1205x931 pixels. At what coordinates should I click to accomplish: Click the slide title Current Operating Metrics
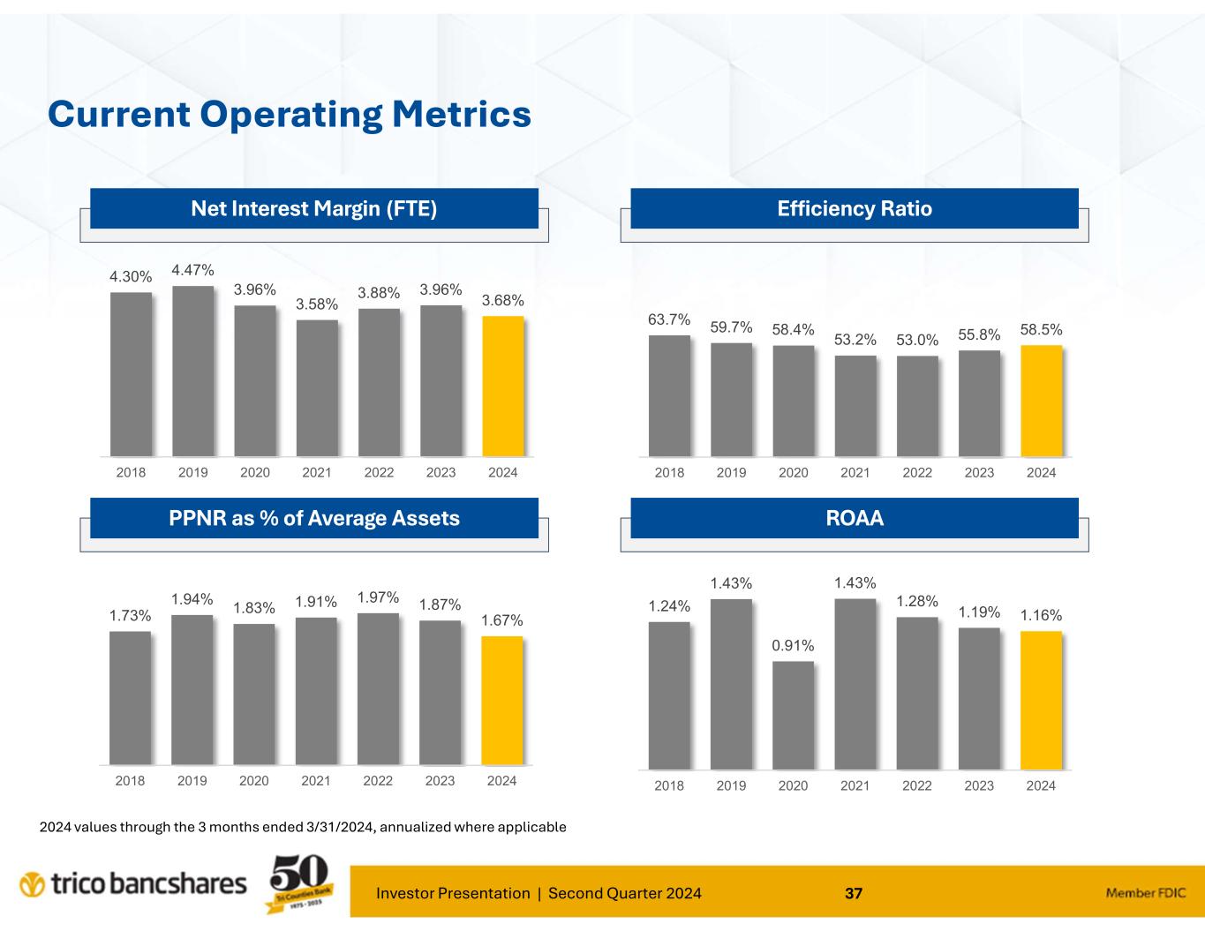[x=290, y=115]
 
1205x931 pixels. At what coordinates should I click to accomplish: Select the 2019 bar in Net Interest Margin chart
[x=192, y=371]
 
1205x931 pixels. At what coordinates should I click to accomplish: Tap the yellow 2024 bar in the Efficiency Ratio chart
[x=1042, y=401]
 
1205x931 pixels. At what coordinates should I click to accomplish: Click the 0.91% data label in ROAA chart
[x=793, y=646]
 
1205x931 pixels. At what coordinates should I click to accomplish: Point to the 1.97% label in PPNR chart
[x=379, y=597]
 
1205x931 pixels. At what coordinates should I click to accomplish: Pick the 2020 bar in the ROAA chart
[x=793, y=715]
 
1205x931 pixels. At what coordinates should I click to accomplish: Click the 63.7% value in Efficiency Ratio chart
[x=669, y=319]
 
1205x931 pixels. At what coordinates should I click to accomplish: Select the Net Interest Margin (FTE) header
[x=314, y=209]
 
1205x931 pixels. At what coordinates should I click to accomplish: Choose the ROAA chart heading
[x=855, y=518]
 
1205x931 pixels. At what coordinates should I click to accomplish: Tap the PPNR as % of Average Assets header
[x=314, y=518]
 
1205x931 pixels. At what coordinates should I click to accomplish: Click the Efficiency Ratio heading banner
[x=855, y=209]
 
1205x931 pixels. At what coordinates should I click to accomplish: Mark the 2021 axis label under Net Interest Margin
[x=317, y=472]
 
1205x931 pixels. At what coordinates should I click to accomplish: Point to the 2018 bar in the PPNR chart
[x=131, y=697]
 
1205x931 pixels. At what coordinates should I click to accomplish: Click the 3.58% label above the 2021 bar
[x=317, y=304]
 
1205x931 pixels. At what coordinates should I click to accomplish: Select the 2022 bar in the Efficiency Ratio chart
[x=917, y=406]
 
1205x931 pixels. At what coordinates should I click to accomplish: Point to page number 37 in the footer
[x=854, y=893]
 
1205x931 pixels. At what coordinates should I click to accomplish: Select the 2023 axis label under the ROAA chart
[x=979, y=785]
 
